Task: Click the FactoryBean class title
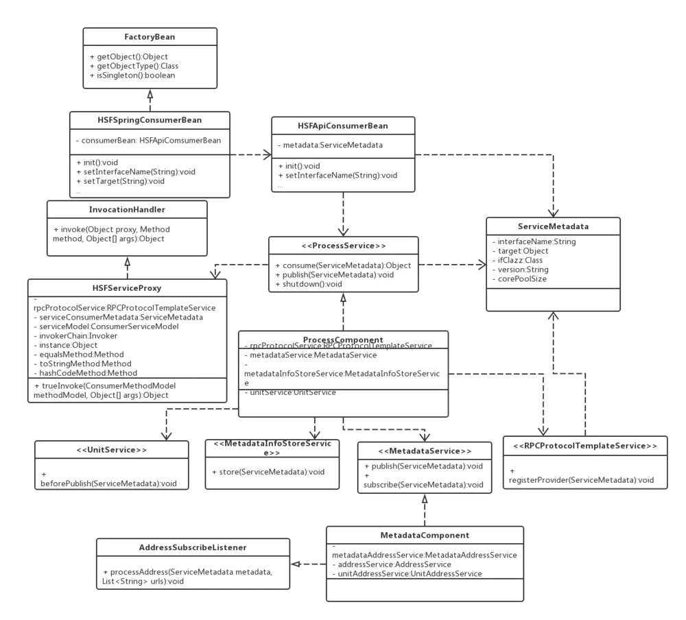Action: [x=150, y=37]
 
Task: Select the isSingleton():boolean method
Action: [x=132, y=75]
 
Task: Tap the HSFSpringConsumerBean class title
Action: [x=150, y=120]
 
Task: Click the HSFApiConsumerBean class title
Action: [x=342, y=126]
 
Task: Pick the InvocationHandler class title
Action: [x=127, y=209]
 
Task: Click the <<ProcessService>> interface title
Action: [x=342, y=246]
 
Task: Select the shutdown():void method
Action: [x=308, y=284]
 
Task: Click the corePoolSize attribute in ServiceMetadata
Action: [x=519, y=279]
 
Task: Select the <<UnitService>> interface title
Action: [x=112, y=451]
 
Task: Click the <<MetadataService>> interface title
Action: [x=424, y=451]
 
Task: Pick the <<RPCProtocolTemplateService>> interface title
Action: [x=584, y=446]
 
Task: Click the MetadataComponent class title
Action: [x=425, y=535]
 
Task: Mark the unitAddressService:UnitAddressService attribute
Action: [x=407, y=573]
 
